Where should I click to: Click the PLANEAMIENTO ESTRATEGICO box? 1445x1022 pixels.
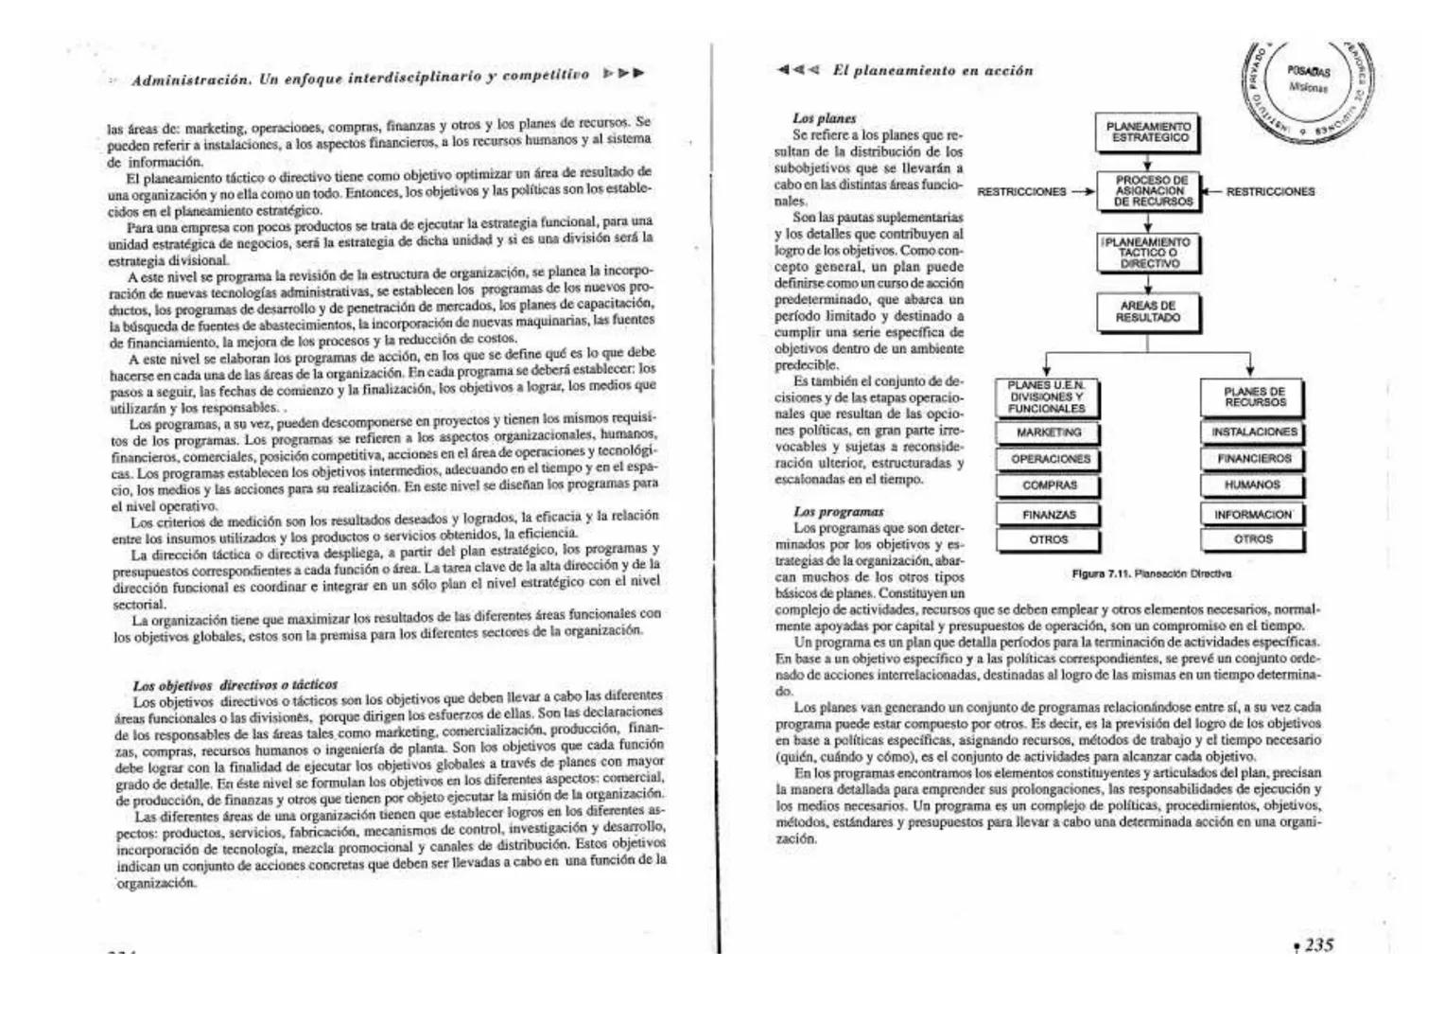pyautogui.click(x=1150, y=132)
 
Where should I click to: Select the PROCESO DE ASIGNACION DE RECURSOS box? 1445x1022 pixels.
pyautogui.click(x=1150, y=191)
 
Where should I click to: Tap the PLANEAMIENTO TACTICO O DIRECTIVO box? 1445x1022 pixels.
pyautogui.click(x=1148, y=254)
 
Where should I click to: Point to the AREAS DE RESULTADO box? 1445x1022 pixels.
pyautogui.click(x=1148, y=312)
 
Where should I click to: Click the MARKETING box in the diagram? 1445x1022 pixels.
pyautogui.click(x=1048, y=433)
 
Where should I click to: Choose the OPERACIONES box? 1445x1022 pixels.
pyautogui.click(x=1050, y=460)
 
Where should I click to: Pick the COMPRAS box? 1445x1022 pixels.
pyautogui.click(x=1049, y=486)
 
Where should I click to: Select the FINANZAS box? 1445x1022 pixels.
pyautogui.click(x=1049, y=515)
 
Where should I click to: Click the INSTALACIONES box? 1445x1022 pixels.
pyautogui.click(x=1253, y=432)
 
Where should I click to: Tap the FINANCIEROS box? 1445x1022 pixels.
pyautogui.click(x=1253, y=459)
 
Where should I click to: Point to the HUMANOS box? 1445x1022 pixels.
pyautogui.click(x=1252, y=485)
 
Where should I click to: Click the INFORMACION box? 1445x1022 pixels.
pyautogui.click(x=1253, y=515)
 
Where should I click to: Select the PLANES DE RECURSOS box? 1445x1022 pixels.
pyautogui.click(x=1253, y=397)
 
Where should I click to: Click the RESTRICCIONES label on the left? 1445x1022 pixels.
pyautogui.click(x=1021, y=192)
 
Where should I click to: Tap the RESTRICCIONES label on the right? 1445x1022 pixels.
pyautogui.click(x=1270, y=192)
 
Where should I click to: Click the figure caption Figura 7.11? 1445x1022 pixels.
pyautogui.click(x=1151, y=573)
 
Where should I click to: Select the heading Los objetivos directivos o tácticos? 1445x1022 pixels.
pyautogui.click(x=235, y=684)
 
